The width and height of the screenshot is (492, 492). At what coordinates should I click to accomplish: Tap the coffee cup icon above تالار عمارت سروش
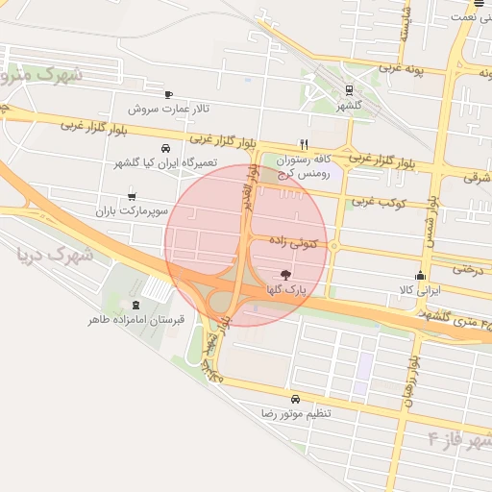[x=170, y=94]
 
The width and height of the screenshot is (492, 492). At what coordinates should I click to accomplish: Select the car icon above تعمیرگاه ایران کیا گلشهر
[x=166, y=149]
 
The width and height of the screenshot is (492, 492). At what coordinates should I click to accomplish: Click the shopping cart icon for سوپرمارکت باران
[x=132, y=196]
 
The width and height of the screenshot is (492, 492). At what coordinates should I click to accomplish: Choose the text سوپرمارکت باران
[x=132, y=209]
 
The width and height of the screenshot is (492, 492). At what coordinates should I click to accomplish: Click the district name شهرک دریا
[x=55, y=256]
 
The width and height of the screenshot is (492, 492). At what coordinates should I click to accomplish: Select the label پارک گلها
[x=284, y=288]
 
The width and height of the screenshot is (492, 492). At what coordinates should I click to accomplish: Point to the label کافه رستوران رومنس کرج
[x=298, y=165]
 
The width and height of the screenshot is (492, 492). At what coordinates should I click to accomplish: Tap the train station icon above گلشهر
[x=348, y=92]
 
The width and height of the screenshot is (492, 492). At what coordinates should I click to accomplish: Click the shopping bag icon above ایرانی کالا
[x=420, y=275]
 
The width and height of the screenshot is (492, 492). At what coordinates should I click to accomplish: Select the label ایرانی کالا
[x=420, y=288]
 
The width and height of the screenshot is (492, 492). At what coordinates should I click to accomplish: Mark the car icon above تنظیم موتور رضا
[x=295, y=399]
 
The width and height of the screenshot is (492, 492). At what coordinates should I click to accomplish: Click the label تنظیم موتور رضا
[x=295, y=412]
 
